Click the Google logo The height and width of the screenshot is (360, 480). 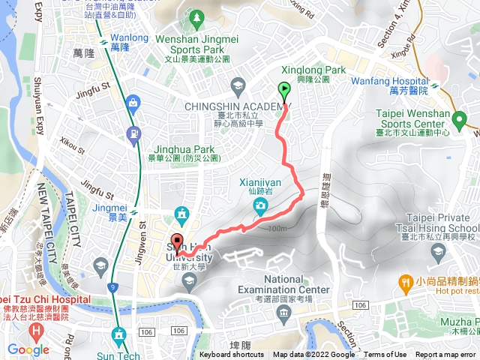click(x=28, y=349)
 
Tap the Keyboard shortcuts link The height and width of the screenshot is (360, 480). click(x=232, y=355)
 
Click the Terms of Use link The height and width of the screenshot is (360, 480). click(x=385, y=355)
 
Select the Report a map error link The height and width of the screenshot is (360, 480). click(x=446, y=355)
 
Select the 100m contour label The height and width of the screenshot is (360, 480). click(x=276, y=228)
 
